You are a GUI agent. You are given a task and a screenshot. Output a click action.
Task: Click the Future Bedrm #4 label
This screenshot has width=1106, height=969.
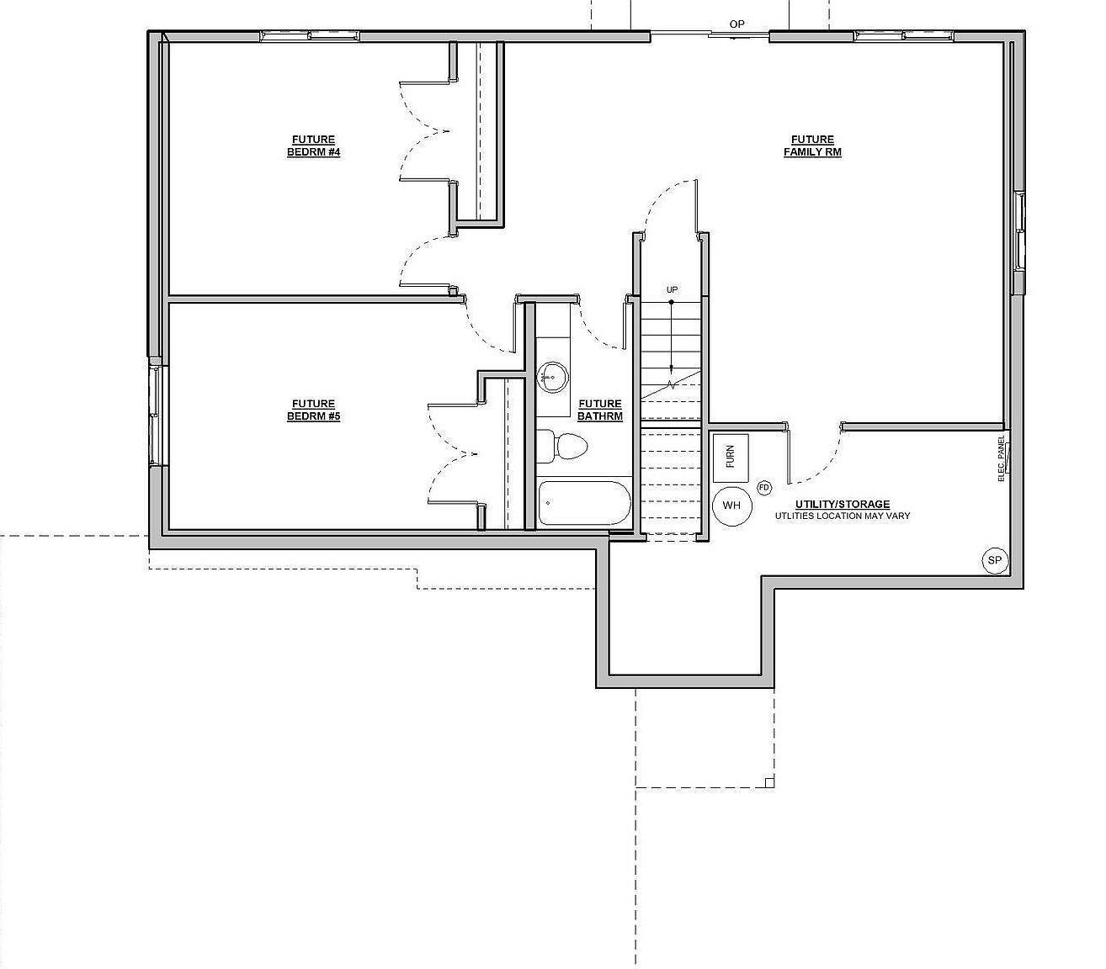coord(313,146)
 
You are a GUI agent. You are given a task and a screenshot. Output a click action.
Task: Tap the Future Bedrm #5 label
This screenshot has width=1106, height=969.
coord(313,410)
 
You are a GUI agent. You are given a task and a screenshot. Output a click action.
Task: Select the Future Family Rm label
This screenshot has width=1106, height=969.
coord(812,146)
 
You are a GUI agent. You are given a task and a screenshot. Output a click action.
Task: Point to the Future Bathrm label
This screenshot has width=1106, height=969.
coord(600,410)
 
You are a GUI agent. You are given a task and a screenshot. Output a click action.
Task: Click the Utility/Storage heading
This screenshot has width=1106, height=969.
coord(843,505)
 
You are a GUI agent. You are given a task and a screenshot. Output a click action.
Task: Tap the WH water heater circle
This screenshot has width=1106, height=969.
coord(731,506)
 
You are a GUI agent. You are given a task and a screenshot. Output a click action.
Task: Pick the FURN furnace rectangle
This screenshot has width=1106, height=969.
coord(730,457)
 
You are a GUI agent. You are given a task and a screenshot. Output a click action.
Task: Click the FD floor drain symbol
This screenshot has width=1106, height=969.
coord(764,487)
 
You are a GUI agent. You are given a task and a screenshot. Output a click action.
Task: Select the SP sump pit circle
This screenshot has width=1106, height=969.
coord(995,560)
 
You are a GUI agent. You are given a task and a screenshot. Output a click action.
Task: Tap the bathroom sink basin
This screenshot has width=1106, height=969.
coord(553,376)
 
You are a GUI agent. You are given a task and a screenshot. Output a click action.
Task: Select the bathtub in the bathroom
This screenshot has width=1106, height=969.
coord(583,503)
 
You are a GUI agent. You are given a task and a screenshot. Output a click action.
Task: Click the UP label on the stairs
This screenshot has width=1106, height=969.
coord(672,290)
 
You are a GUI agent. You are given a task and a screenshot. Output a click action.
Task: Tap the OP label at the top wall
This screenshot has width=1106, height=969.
coord(737,24)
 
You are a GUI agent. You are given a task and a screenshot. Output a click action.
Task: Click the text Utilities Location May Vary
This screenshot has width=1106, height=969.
coord(843,516)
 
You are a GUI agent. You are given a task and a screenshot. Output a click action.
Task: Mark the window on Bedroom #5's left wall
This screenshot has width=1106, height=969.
coord(154,412)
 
